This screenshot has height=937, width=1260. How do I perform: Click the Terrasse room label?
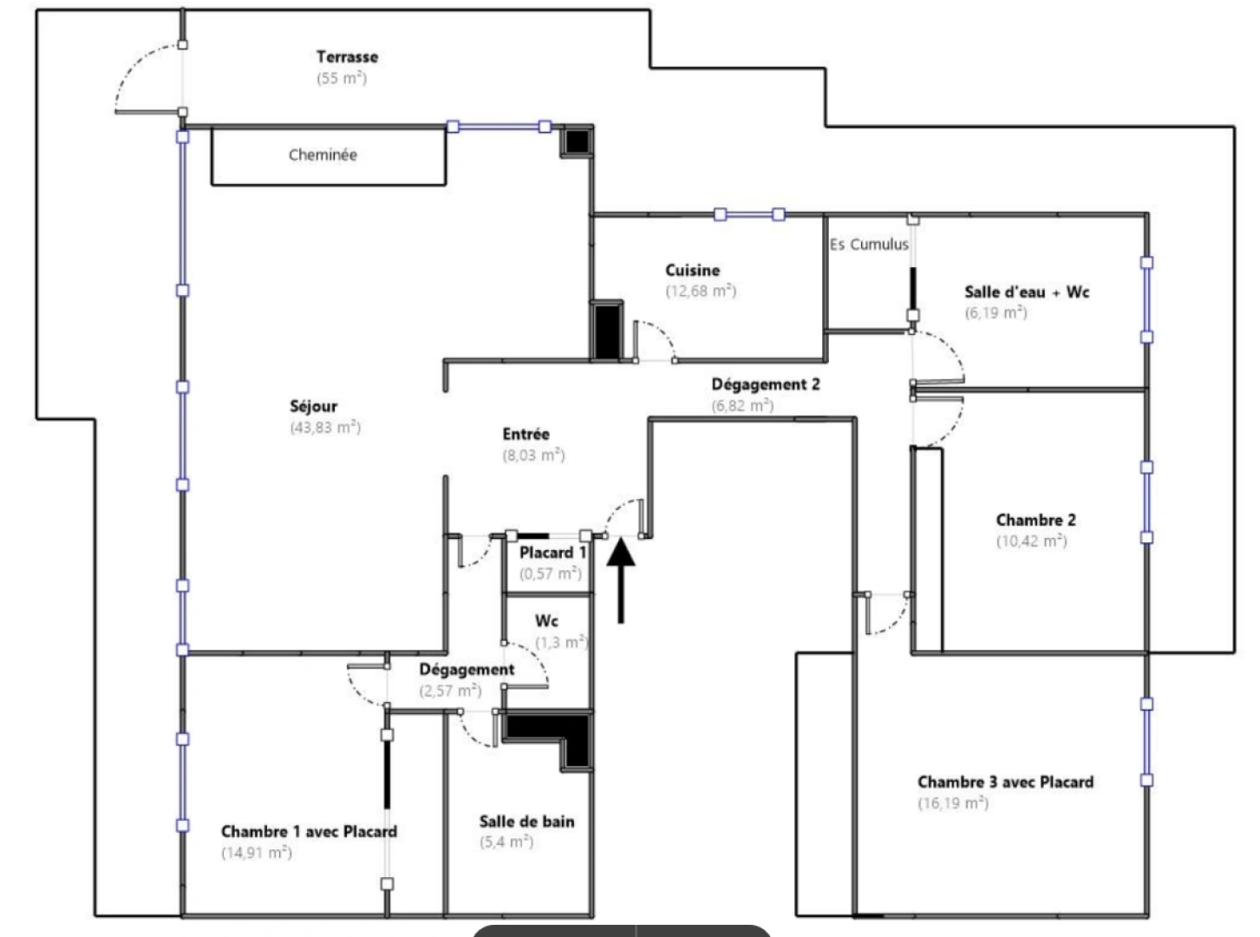point(347,57)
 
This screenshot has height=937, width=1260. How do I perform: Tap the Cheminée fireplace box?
point(329,155)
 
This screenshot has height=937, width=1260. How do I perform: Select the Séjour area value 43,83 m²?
point(325,427)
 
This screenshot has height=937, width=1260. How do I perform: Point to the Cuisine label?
point(692,271)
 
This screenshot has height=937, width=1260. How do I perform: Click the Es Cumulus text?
point(869,245)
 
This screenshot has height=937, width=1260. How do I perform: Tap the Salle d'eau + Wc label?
point(1027,292)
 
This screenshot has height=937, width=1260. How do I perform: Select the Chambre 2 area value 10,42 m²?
point(1031,541)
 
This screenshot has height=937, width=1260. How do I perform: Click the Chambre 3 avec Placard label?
point(1005,782)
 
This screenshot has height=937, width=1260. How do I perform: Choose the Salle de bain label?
point(526,822)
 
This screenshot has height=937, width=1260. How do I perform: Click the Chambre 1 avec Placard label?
point(309,831)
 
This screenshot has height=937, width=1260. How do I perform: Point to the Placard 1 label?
point(552,553)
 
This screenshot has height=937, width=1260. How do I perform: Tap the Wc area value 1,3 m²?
point(561,643)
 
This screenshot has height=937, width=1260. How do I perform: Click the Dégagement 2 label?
point(765,384)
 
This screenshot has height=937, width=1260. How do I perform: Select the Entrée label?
point(526,435)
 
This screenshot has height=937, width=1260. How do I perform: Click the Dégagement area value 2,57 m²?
point(450,691)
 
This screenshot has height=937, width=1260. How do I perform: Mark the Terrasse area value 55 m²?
point(342,78)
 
